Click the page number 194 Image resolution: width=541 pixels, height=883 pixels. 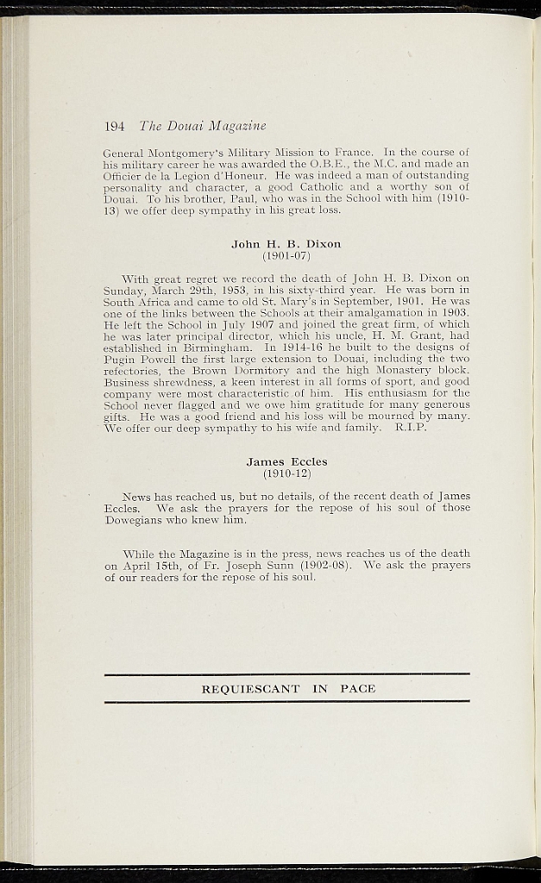115,126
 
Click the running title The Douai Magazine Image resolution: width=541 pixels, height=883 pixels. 203,126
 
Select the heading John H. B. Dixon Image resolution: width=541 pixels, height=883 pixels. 286,244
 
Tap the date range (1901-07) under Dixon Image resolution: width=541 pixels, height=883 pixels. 286,255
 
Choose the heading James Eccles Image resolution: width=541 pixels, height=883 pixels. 286,462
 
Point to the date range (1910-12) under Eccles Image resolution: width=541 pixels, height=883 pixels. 286,473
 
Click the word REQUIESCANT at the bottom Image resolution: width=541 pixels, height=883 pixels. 250,689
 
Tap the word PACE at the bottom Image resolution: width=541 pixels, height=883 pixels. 358,689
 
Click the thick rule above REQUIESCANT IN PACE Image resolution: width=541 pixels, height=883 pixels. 286,674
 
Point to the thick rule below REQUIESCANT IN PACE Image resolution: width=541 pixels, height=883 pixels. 286,702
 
